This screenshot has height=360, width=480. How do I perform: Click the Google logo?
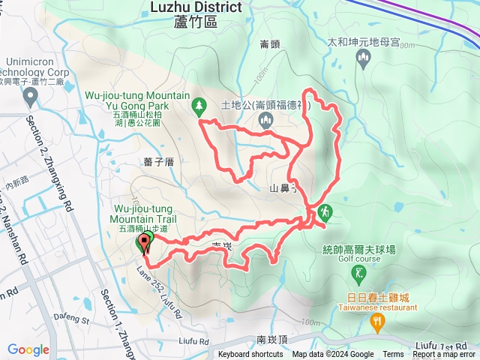tap(28, 349)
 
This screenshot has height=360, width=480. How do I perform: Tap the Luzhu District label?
tap(195, 7)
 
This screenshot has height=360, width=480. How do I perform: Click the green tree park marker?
tap(199, 106)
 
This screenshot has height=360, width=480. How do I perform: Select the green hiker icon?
tap(325, 212)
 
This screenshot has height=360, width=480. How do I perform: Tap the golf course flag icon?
tap(360, 271)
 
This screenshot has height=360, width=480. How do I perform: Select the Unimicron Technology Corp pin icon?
tap(30, 95)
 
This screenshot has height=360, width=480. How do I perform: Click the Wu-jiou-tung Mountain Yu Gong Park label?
tap(136, 102)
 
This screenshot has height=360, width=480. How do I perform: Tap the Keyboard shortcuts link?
tap(250, 355)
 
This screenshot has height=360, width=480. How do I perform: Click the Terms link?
tap(393, 355)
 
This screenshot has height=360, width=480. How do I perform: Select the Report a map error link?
tap(443, 355)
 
